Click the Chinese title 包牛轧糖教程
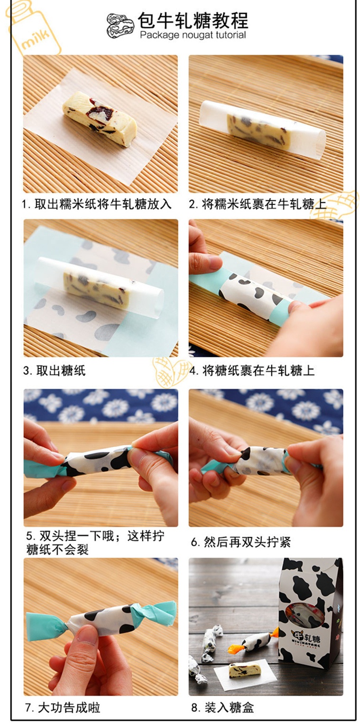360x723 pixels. point(193,21)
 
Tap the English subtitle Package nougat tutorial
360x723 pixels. point(193,35)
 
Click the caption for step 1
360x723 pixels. point(96,204)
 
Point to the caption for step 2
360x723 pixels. point(258,204)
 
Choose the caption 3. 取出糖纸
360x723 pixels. point(54,371)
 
